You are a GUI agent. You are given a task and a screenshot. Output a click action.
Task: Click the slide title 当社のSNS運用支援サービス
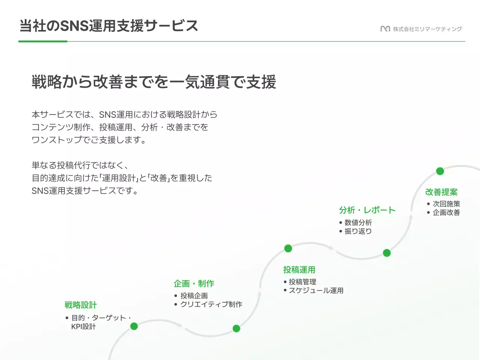(108, 26)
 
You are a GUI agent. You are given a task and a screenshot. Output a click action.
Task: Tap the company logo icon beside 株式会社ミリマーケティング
(385, 29)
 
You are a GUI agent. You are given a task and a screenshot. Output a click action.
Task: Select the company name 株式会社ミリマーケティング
(427, 29)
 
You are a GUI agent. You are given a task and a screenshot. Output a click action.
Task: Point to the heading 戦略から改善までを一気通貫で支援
(154, 82)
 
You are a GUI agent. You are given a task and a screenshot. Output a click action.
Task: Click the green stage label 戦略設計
(81, 305)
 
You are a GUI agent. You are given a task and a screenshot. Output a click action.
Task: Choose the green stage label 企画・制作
(194, 283)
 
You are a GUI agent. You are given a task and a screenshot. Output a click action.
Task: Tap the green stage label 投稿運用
(299, 270)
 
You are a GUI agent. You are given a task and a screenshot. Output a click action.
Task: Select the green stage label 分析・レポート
(367, 210)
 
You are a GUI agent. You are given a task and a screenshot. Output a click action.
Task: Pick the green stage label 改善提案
(441, 192)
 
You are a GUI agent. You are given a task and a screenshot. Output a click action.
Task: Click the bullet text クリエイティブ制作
(211, 304)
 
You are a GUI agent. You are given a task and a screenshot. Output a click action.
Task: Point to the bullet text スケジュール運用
(316, 290)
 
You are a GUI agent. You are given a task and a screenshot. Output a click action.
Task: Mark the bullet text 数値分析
(358, 222)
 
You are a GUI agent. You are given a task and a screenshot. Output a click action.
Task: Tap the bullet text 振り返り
(358, 231)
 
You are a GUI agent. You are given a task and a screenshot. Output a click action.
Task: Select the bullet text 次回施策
(446, 204)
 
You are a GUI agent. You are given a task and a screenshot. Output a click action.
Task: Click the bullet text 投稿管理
(302, 282)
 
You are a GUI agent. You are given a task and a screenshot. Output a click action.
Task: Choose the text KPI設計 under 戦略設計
(84, 326)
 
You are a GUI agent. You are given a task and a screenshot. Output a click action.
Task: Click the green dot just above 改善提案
(440, 171)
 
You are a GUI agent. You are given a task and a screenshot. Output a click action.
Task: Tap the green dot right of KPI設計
(134, 326)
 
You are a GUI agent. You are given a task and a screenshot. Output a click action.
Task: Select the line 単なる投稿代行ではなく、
(80, 165)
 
